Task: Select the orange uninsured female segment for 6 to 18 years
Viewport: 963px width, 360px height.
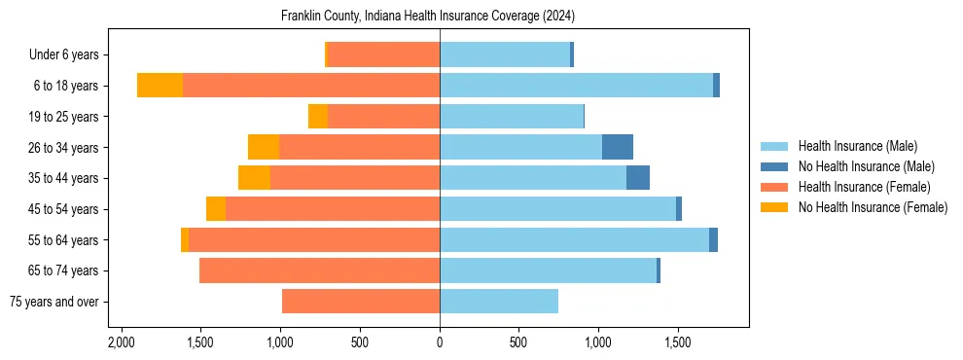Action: point(160,86)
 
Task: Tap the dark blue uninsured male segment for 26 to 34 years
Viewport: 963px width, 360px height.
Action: point(618,147)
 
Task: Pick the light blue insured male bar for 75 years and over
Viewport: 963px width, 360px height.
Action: point(499,302)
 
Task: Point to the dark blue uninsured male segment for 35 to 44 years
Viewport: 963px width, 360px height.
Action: point(638,178)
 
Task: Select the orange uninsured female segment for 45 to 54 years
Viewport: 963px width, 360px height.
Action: point(216,209)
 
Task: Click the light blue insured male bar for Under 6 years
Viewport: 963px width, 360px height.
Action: point(505,54)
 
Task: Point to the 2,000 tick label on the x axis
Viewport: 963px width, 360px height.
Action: point(122,343)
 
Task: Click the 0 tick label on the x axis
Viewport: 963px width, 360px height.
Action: point(440,343)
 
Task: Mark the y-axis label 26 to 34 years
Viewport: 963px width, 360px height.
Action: point(66,148)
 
